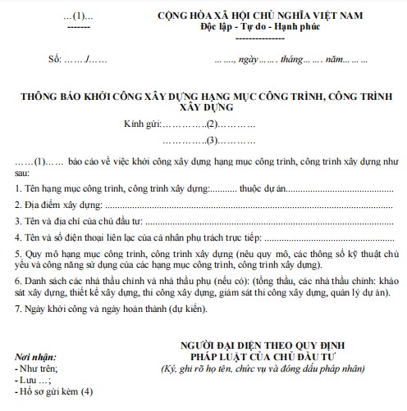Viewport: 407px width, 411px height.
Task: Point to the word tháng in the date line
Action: click(x=291, y=60)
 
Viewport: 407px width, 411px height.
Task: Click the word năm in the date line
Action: click(x=333, y=60)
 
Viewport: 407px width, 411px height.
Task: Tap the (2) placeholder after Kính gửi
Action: click(x=213, y=123)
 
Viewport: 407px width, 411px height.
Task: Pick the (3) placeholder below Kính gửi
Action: click(x=213, y=140)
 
